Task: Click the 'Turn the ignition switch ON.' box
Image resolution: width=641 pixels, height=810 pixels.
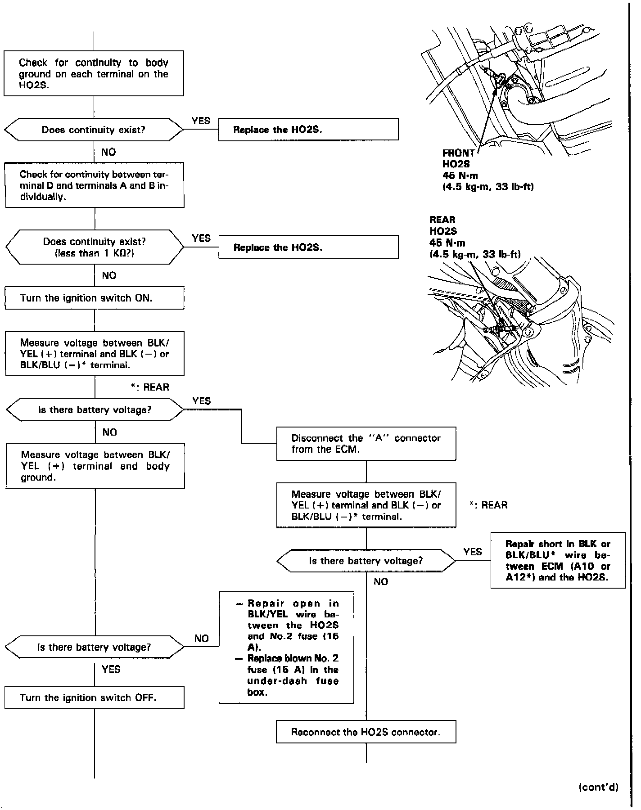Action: (95, 298)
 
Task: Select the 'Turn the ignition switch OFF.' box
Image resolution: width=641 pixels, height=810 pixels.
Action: (95, 698)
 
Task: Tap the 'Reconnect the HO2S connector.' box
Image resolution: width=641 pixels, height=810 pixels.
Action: (366, 732)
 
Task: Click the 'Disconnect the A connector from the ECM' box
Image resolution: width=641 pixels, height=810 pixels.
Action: (366, 444)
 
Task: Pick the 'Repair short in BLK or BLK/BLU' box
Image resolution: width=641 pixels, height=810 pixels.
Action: (558, 560)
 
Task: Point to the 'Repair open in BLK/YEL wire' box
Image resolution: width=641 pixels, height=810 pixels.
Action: (286, 648)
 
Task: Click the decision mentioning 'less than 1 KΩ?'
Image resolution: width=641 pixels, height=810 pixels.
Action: (95, 247)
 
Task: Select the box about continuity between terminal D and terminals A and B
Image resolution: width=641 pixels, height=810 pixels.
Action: (95, 185)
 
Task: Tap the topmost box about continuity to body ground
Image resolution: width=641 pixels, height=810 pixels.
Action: (94, 73)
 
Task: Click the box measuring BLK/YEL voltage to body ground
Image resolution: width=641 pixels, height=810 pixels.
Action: (95, 466)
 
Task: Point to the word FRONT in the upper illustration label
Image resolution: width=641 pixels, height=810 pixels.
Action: (458, 153)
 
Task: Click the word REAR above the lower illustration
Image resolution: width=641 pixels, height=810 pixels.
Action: (442, 220)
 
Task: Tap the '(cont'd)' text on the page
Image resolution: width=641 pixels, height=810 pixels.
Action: (598, 787)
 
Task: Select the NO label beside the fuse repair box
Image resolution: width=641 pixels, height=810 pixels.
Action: (202, 639)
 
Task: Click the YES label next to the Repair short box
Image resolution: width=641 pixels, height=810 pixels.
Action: (473, 552)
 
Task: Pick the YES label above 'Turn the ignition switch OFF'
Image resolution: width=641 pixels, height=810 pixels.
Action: (111, 670)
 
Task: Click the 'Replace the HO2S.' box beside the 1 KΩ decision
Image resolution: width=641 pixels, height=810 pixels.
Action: (308, 247)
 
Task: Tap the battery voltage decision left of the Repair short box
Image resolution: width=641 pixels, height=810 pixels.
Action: (366, 561)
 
